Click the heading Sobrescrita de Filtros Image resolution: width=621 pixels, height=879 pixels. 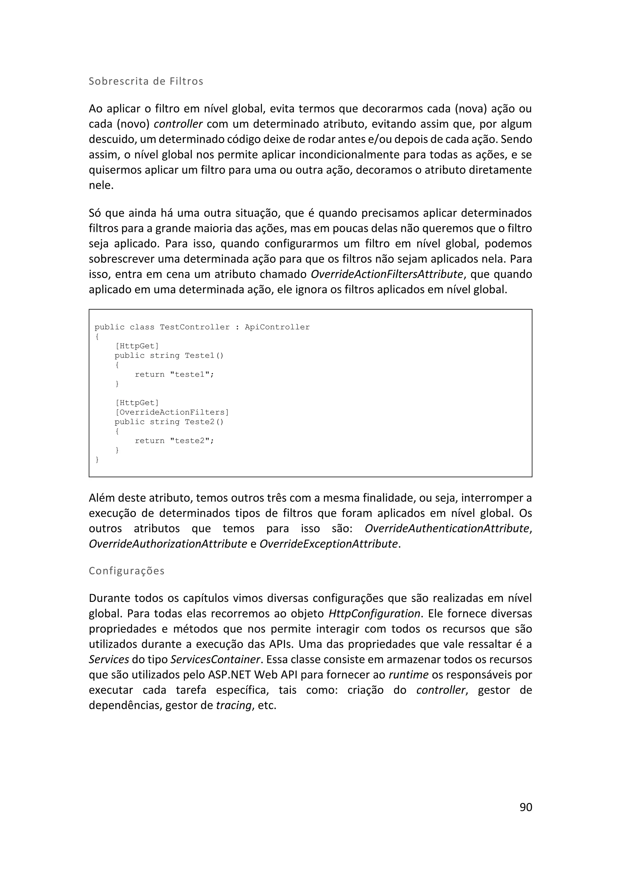click(146, 81)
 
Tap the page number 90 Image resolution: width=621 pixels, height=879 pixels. click(526, 807)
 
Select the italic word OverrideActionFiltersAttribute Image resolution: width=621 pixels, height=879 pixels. click(387, 274)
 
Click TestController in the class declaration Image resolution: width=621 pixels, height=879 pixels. click(195, 327)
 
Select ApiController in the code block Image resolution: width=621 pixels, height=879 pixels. click(277, 327)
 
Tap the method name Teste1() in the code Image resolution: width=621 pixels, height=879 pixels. click(204, 355)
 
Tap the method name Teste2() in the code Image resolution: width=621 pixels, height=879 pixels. click(204, 422)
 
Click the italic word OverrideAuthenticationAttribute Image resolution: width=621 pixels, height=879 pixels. click(447, 528)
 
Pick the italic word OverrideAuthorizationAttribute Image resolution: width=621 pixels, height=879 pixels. click(168, 544)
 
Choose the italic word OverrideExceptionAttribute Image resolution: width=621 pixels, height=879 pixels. click(328, 544)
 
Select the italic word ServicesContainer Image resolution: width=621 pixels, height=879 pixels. click(215, 659)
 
